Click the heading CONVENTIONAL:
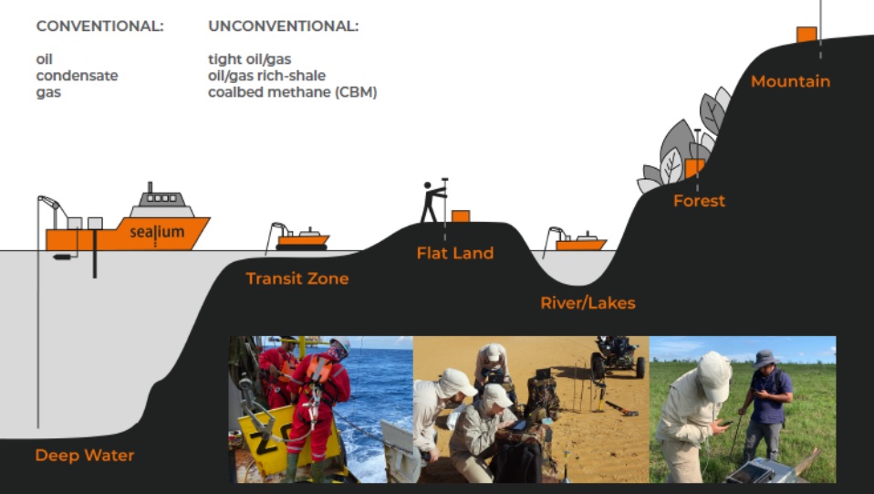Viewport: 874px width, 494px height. coord(99,26)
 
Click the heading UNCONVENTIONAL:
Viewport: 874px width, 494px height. coord(283,26)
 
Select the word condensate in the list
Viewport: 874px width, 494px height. coord(77,76)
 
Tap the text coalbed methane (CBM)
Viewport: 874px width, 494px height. coord(292,92)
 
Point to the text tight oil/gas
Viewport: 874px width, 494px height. coord(249,59)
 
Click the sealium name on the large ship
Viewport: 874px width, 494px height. coord(156,232)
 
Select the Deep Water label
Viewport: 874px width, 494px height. coord(84,455)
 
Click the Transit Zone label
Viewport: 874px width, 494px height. coord(297,279)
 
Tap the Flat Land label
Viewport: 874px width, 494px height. coord(454,253)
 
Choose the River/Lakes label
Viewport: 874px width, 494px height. coord(588,303)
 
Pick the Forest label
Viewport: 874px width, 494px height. coord(699,201)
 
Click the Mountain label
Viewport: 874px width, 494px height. coord(790,81)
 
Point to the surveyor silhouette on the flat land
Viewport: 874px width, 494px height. coord(432,201)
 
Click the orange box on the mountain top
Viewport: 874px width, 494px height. coord(806,35)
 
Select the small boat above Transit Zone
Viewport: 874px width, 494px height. coord(300,240)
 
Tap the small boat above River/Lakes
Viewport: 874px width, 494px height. coord(578,242)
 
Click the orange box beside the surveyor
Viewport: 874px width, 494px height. coord(461,216)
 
